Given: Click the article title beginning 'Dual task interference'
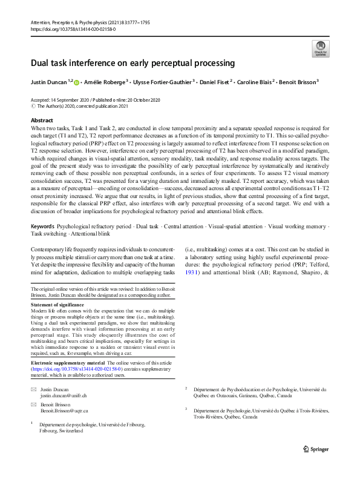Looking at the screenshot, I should (133, 63).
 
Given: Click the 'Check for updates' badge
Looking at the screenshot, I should (319, 49).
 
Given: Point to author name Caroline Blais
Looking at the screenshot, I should (254, 81).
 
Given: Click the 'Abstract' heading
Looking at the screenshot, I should (42, 121).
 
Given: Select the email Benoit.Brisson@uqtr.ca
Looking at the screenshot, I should (64, 410).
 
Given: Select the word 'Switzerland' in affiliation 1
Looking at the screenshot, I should (68, 431).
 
